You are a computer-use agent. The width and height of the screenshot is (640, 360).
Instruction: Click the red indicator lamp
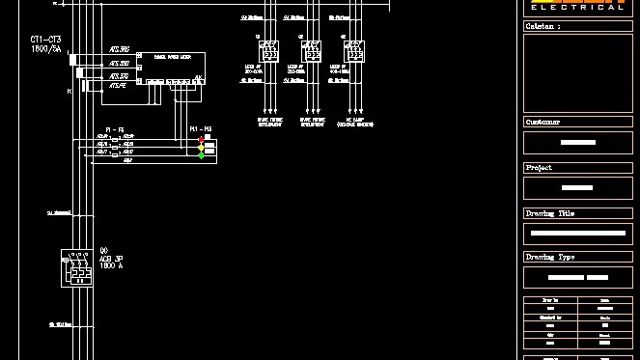202,139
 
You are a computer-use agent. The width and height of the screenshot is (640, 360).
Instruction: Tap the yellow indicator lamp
202,147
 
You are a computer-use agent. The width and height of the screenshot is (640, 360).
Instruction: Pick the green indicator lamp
202,154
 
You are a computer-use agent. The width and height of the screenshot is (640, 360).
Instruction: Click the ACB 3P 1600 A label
111,259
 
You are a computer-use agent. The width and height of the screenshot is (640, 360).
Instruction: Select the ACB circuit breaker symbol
76,267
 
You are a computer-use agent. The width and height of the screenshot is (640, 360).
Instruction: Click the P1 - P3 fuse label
115,129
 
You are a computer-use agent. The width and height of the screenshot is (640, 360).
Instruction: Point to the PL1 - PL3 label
201,129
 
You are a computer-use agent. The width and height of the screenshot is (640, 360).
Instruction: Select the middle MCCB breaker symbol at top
310,51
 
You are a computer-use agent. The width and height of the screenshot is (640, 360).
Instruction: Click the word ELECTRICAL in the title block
577,7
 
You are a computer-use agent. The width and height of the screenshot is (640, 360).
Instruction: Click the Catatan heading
542,27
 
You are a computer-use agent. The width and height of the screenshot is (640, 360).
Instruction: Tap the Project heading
540,168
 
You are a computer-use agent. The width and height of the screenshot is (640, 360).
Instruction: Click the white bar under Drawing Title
577,234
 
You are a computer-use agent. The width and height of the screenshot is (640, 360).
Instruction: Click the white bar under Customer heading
577,143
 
